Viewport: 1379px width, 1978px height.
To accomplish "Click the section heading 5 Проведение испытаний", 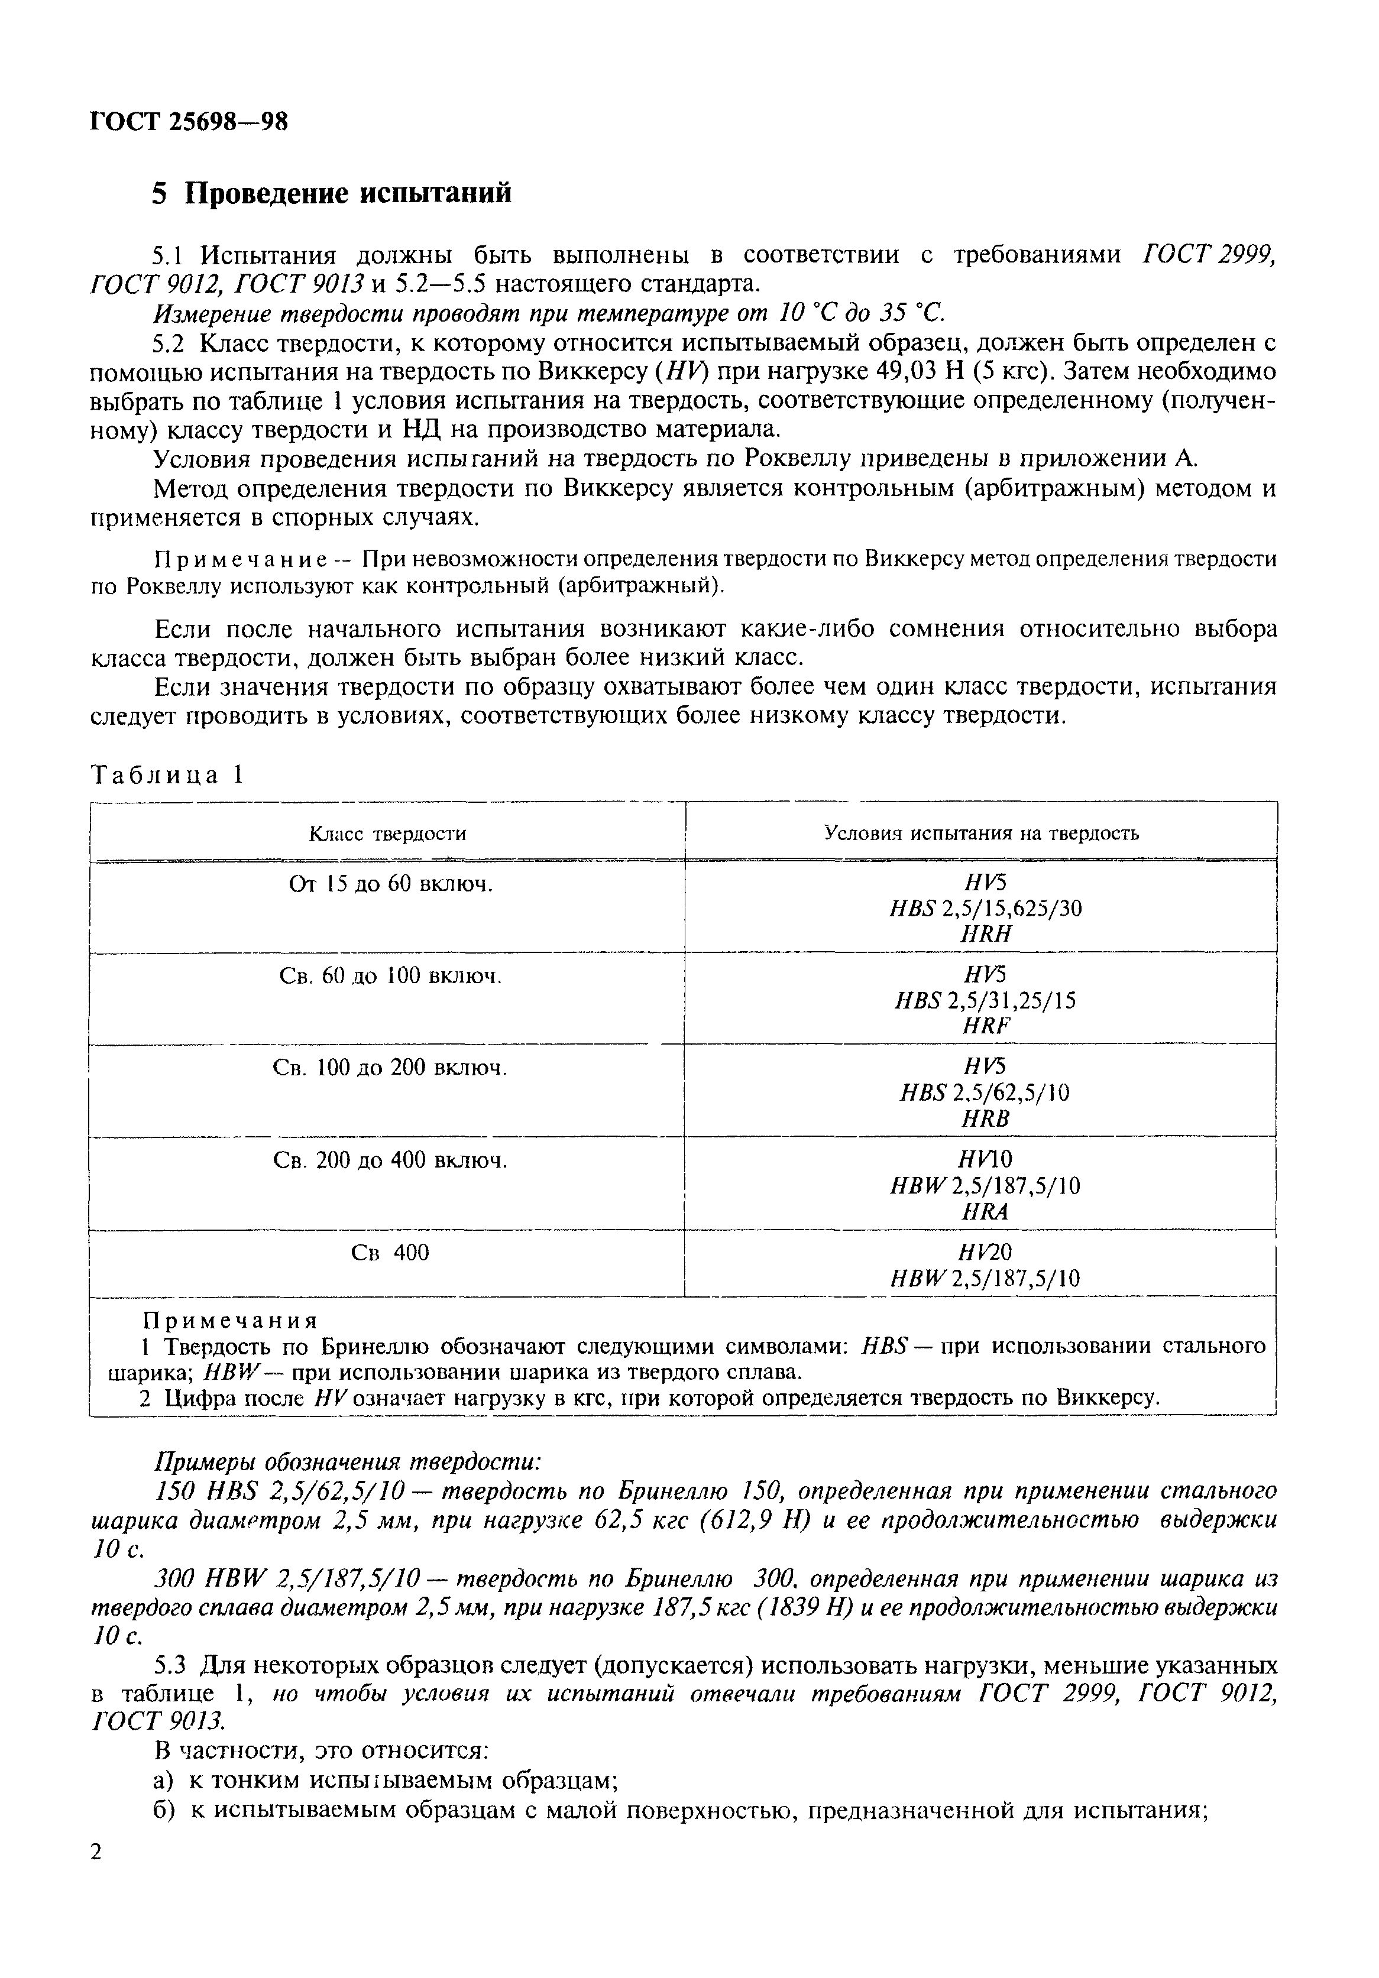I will tap(332, 193).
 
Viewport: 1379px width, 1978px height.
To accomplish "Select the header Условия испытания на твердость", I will tap(980, 832).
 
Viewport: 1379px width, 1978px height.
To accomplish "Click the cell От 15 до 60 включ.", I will tap(390, 884).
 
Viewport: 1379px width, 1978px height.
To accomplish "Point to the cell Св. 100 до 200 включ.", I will tap(390, 1068).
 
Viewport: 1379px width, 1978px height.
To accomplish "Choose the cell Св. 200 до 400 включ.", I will tap(390, 1160).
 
